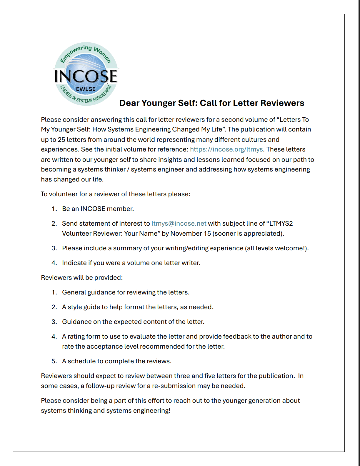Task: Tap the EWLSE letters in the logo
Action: pyautogui.click(x=86, y=89)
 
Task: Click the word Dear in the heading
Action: pyautogui.click(x=129, y=103)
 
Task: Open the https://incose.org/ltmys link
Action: pyautogui.click(x=226, y=149)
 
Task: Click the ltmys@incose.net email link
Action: pyautogui.click(x=179, y=224)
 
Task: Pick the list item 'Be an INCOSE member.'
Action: pyautogui.click(x=98, y=209)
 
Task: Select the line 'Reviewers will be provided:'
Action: pyautogui.click(x=82, y=278)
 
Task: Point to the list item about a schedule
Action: pyautogui.click(x=116, y=361)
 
